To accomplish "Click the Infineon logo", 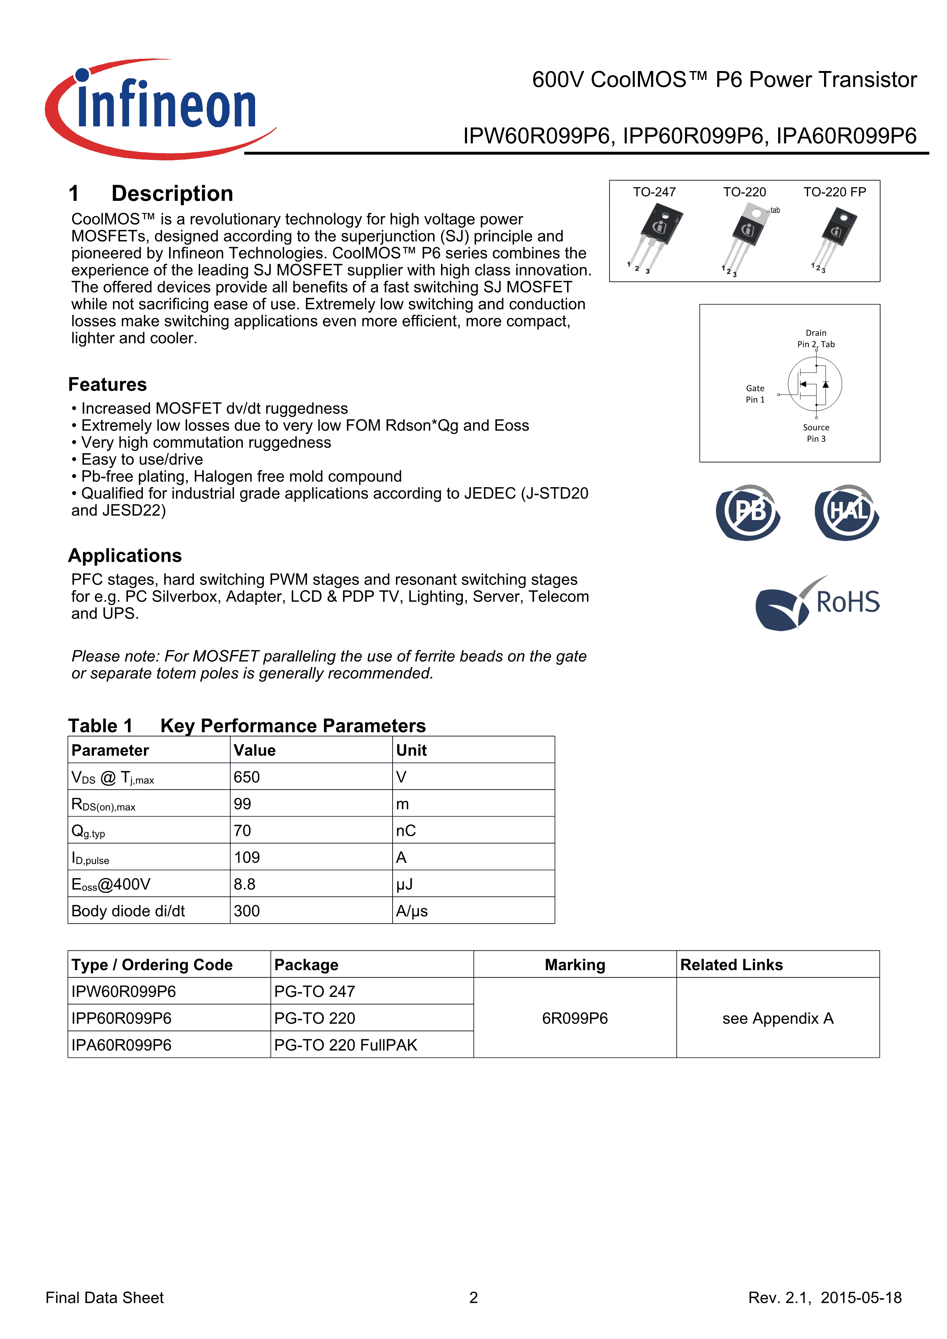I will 160,108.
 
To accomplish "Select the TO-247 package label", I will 654,192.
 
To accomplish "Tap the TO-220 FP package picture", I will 835,236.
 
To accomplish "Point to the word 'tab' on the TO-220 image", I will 775,210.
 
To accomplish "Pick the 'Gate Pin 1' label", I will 755,394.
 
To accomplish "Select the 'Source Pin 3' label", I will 816,433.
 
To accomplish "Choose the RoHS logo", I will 818,603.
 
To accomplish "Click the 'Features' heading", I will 107,384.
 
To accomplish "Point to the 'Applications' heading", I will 125,555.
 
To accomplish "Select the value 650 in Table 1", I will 247,777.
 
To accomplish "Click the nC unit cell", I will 406,830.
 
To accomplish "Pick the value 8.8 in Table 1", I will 244,884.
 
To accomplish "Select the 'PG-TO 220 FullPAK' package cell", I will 346,1045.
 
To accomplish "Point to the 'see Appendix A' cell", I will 777,1018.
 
